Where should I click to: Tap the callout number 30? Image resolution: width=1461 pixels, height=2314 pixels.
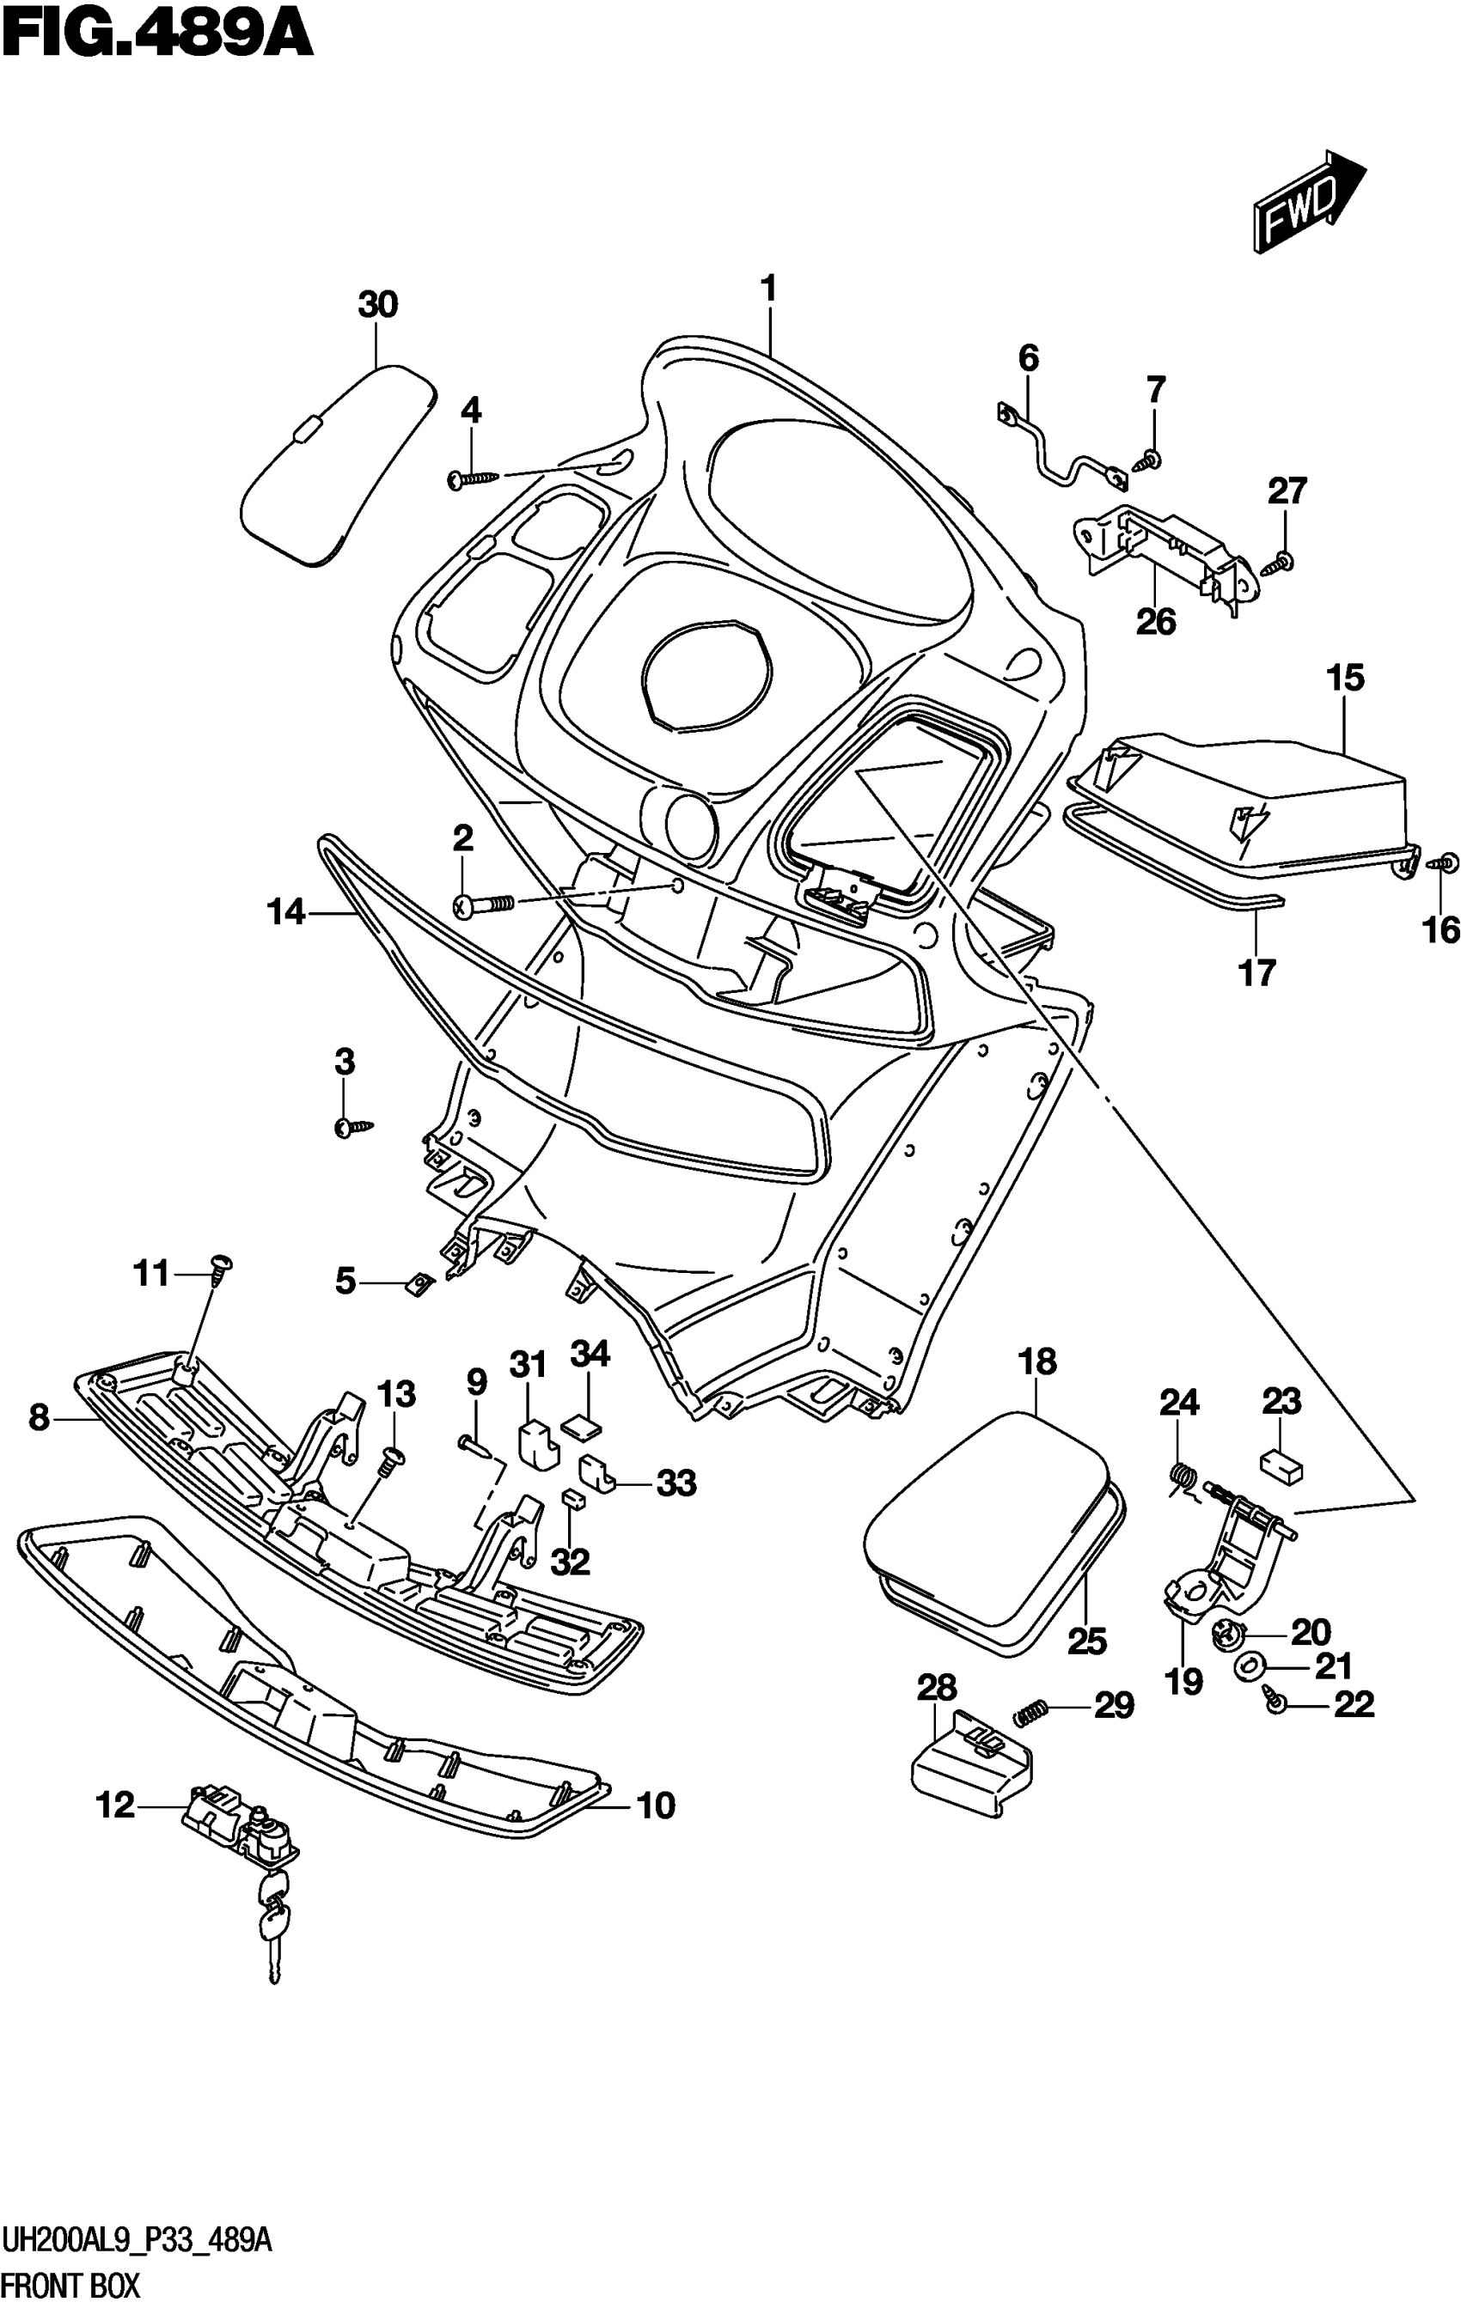[x=378, y=305]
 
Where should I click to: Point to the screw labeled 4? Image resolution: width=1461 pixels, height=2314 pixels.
[x=474, y=478]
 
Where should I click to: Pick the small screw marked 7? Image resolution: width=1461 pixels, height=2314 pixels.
[x=1152, y=461]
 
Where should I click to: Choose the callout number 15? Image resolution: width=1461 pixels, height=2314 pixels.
[x=1345, y=679]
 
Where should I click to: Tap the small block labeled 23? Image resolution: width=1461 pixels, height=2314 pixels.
[x=1281, y=1465]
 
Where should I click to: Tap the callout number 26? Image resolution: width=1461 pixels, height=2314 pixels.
[x=1155, y=623]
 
